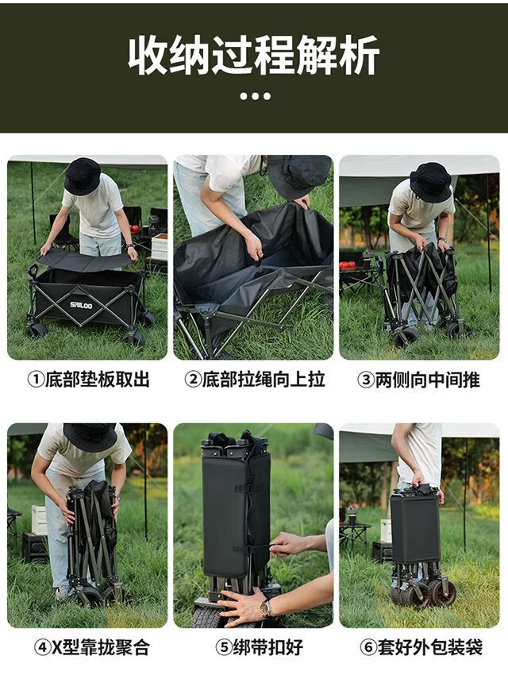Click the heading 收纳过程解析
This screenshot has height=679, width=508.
tap(254, 56)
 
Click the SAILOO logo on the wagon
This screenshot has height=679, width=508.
tap(81, 305)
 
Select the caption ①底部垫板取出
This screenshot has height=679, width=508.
tap(88, 380)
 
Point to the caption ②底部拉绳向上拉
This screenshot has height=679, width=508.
tap(255, 380)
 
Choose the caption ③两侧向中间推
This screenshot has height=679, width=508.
tap(419, 380)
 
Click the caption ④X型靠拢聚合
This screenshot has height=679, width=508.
tap(92, 648)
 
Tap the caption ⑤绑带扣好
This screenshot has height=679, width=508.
tap(260, 648)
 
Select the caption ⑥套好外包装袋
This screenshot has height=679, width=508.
tap(421, 648)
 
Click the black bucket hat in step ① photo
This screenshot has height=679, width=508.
tap(83, 176)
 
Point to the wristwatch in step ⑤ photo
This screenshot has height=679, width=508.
tap(265, 608)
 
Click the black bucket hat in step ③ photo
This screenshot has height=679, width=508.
tap(430, 182)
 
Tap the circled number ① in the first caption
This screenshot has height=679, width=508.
tap(36, 380)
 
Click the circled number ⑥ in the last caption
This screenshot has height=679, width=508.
tap(368, 648)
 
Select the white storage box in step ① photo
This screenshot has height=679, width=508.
tap(160, 247)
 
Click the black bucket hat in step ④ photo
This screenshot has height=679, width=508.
tap(90, 437)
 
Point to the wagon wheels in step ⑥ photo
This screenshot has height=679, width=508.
tap(425, 591)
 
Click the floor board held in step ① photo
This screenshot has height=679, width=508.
tap(84, 260)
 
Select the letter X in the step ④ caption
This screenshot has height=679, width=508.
tap(56, 648)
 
